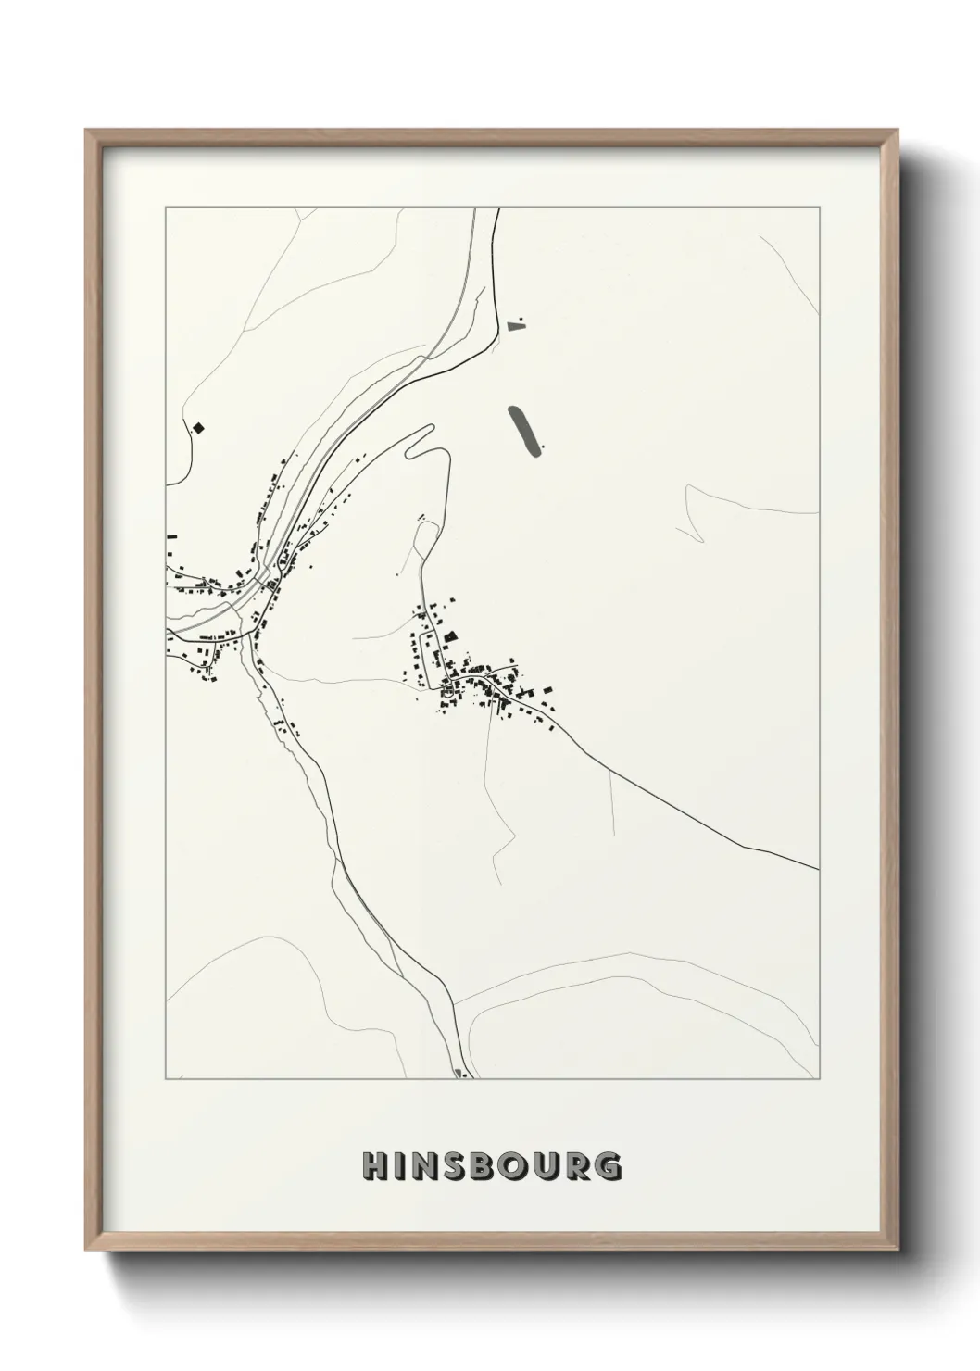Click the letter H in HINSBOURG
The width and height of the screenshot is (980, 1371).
[x=373, y=1166]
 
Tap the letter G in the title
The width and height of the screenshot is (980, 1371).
[x=607, y=1166]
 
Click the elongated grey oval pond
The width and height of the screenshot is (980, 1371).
[x=524, y=430]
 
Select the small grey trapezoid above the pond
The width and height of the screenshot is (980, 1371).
[x=516, y=325]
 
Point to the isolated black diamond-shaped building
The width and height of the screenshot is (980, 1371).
[x=197, y=428]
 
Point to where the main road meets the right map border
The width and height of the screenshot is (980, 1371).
[x=819, y=869]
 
